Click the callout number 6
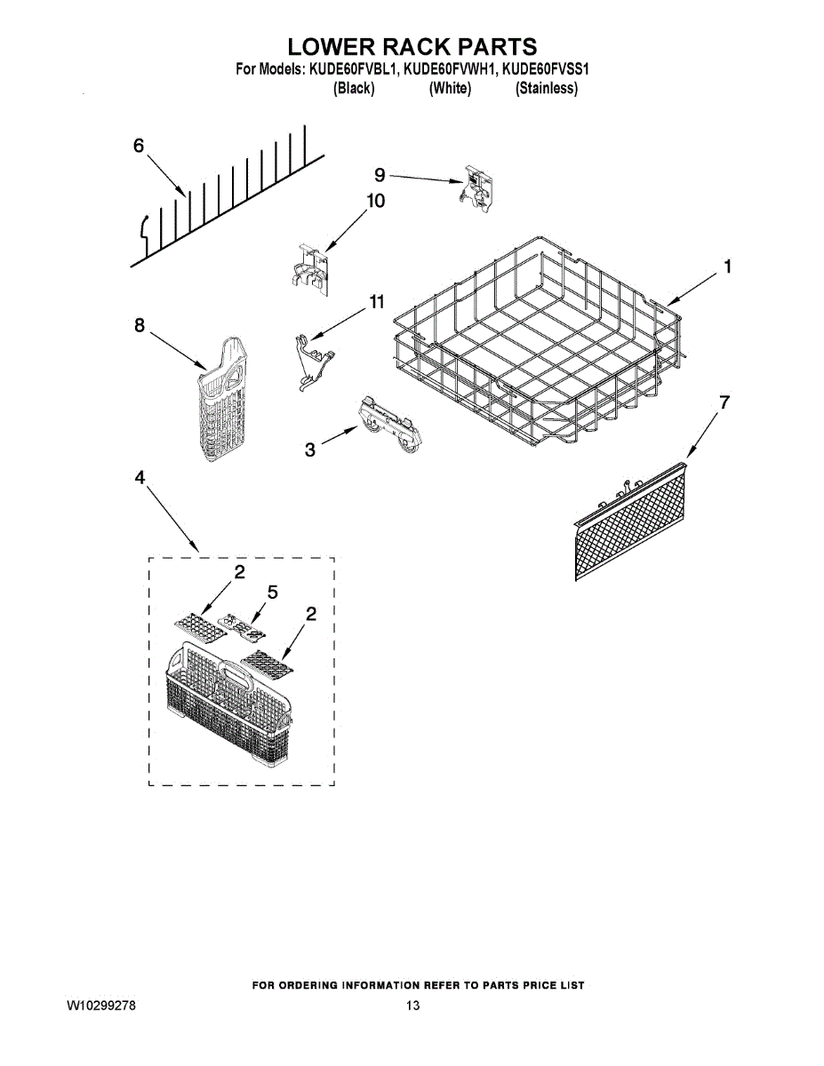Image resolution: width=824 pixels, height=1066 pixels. click(x=139, y=147)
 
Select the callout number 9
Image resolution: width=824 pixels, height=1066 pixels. click(x=380, y=175)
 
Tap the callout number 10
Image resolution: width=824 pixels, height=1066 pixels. click(x=375, y=202)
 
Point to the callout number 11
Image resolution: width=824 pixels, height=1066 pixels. click(x=377, y=303)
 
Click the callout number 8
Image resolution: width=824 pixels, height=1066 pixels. click(x=140, y=326)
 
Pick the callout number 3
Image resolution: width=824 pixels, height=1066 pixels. click(x=309, y=449)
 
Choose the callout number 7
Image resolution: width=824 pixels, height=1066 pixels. click(x=724, y=402)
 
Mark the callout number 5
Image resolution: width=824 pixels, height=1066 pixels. click(x=272, y=592)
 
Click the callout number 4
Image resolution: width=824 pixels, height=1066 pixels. click(x=140, y=478)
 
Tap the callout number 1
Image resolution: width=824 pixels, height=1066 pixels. click(x=727, y=266)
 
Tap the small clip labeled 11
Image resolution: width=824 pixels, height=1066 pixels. click(x=312, y=360)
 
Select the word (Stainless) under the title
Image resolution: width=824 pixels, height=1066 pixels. click(x=546, y=89)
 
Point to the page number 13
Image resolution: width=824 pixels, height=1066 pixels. click(x=412, y=1006)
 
